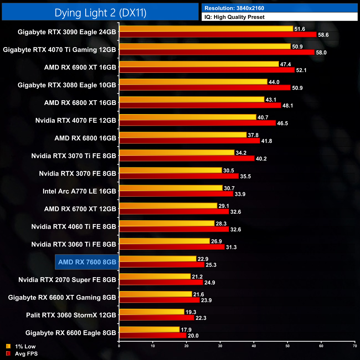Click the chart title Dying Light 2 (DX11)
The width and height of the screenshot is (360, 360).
[100, 13]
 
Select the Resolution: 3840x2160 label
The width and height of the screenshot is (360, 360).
[234, 8]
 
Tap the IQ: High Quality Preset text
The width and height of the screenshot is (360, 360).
[234, 17]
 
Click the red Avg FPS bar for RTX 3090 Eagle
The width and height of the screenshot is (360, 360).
[218, 35]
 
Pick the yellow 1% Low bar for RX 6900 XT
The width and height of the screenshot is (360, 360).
[199, 64]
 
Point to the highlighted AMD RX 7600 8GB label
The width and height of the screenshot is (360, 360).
[87, 262]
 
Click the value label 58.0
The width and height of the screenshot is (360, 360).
[321, 53]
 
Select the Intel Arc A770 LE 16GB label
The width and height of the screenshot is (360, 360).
[79, 191]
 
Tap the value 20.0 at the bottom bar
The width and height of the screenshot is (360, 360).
[193, 336]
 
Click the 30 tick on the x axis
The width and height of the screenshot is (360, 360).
[220, 346]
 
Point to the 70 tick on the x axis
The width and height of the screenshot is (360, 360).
[355, 346]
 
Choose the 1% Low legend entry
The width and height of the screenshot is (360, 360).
[25, 346]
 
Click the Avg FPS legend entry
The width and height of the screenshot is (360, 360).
[26, 354]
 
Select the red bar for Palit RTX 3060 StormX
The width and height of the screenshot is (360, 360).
[156, 318]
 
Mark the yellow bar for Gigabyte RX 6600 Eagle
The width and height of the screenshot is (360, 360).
[149, 330]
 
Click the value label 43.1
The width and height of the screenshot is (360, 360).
[271, 100]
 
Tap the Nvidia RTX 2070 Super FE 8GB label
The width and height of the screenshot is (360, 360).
[67, 280]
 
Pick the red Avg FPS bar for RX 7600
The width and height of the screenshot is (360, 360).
[162, 265]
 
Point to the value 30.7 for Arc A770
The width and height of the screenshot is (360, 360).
[229, 188]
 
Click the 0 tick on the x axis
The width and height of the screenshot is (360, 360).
[119, 346]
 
